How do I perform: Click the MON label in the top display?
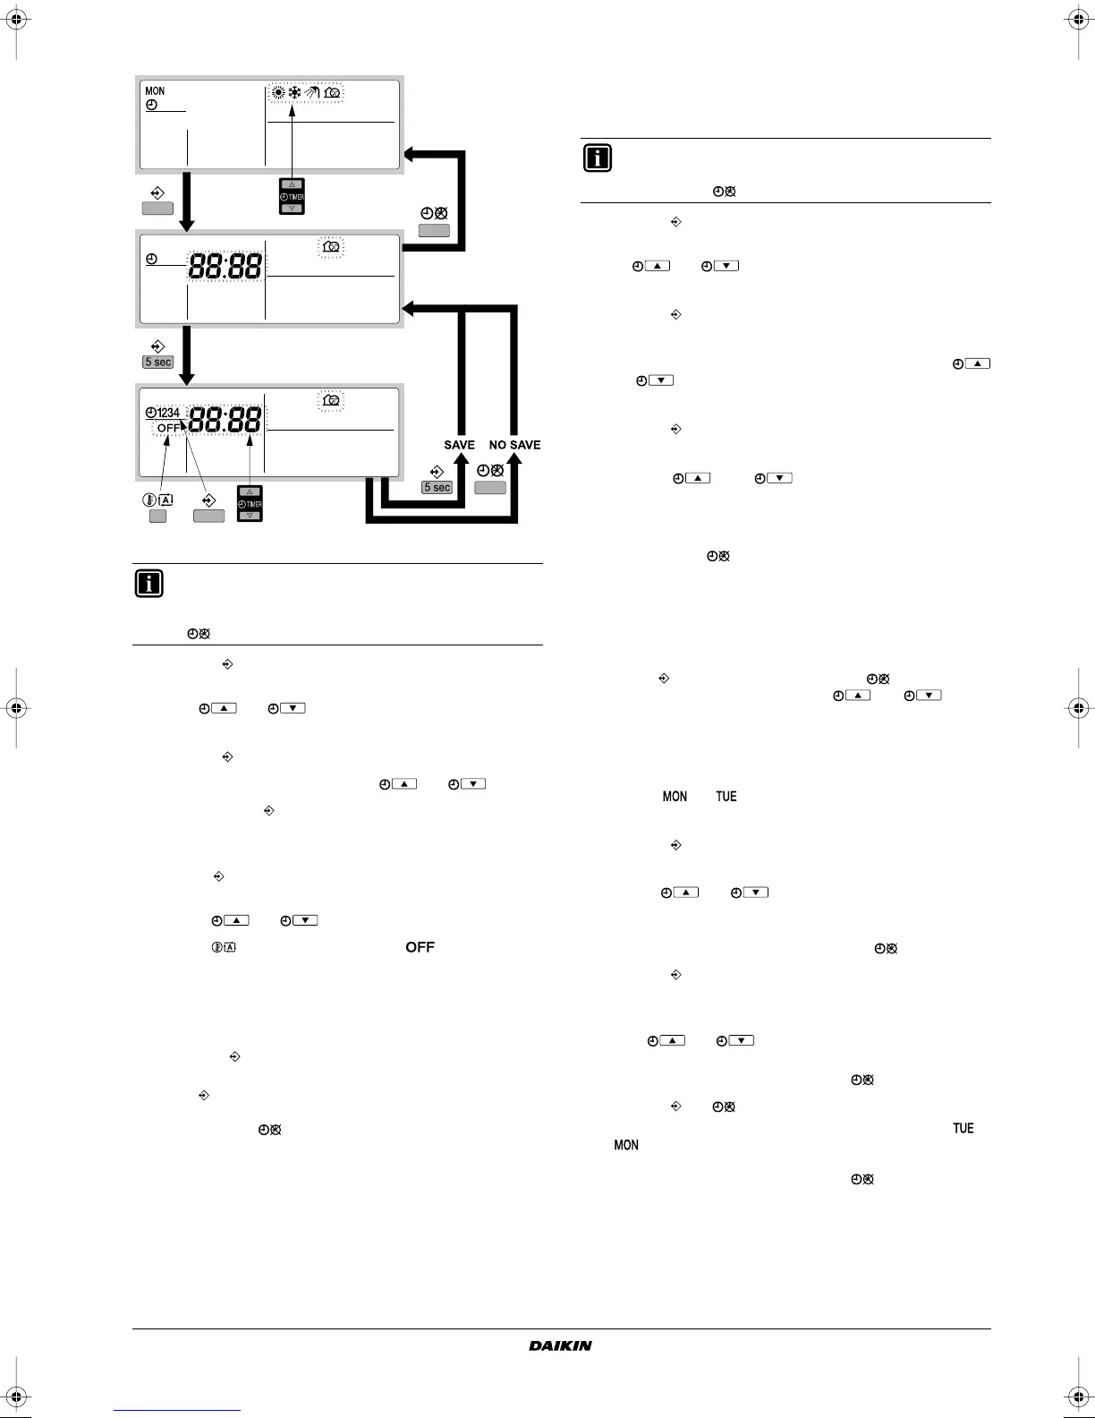tap(155, 90)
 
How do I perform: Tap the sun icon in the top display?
tap(278, 93)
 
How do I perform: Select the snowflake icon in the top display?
tap(294, 93)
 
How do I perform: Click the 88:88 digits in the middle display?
tap(225, 266)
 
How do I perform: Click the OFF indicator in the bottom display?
tap(168, 428)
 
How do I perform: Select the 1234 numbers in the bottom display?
tap(168, 413)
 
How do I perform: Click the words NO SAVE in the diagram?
tap(514, 445)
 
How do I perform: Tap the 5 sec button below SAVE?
tap(437, 488)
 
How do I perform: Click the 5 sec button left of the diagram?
tap(157, 363)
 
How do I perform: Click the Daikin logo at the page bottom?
tap(560, 1345)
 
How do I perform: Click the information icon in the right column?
tap(598, 158)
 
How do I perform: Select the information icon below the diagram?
tap(149, 584)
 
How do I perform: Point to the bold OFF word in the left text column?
tap(420, 947)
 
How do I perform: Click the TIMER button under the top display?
tap(292, 196)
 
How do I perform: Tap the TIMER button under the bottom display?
tap(250, 504)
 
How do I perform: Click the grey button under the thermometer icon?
tap(157, 516)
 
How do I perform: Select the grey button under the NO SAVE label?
tap(489, 488)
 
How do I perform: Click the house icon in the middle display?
tap(330, 248)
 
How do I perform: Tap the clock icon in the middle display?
tap(151, 260)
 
